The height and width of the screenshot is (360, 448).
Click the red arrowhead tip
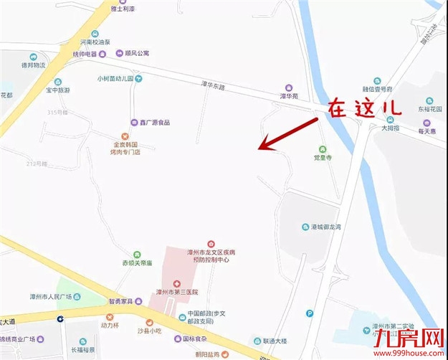(259, 149)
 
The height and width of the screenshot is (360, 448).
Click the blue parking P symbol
(310, 313)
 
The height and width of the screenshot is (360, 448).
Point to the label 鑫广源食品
(154, 122)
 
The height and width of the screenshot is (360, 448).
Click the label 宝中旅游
(58, 90)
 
